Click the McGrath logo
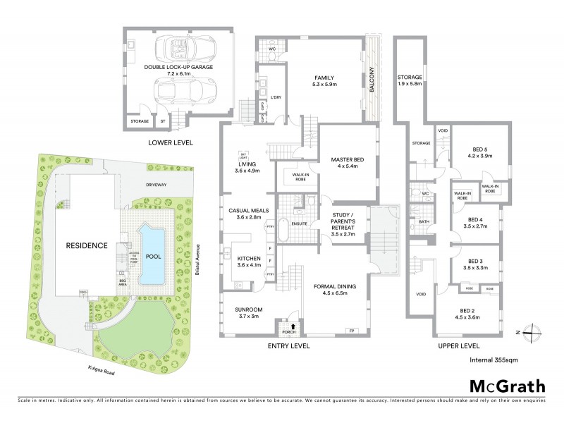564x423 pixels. click(x=506, y=386)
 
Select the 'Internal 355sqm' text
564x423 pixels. click(x=498, y=361)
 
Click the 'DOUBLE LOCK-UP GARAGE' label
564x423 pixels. click(x=178, y=67)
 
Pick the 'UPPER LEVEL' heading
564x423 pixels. click(x=458, y=347)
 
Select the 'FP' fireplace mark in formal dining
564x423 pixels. click(x=350, y=331)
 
